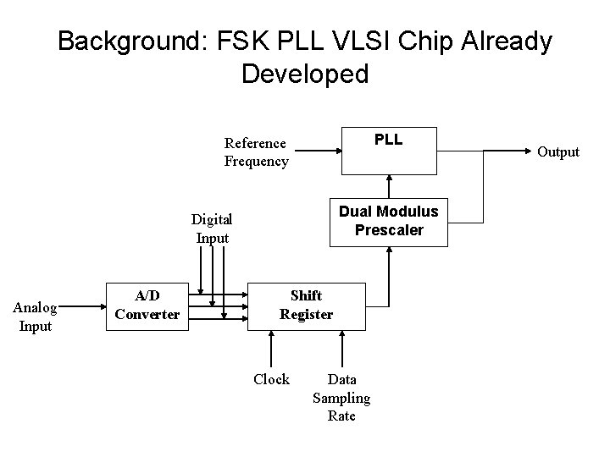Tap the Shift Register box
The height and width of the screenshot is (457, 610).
tap(305, 306)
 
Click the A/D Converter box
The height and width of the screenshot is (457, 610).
tap(147, 306)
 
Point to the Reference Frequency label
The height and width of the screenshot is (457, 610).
tap(256, 152)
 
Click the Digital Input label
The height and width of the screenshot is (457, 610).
tap(212, 228)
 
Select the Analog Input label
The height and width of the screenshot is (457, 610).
tap(36, 317)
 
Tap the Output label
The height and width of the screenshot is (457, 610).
tap(558, 152)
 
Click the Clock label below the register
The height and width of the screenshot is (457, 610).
tap(271, 379)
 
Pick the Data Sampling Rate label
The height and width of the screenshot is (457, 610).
tap(341, 398)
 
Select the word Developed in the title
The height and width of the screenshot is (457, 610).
tap(305, 74)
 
